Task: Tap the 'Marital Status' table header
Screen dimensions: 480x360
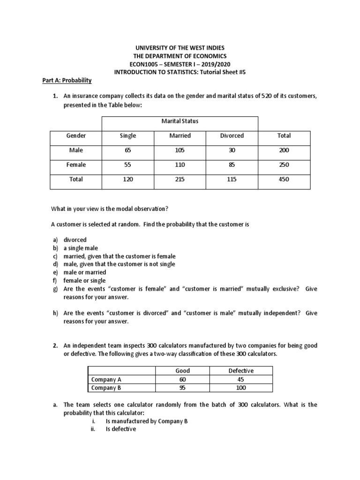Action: click(180, 121)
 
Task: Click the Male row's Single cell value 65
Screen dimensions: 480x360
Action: click(128, 150)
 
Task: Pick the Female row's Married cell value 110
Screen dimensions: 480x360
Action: click(180, 165)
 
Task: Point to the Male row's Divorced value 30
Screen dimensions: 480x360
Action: click(232, 150)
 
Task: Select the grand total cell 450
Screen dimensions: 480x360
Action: click(284, 179)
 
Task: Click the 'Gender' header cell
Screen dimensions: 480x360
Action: click(76, 135)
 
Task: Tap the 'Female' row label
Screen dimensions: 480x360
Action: click(76, 165)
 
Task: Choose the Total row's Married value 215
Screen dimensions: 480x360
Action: click(180, 179)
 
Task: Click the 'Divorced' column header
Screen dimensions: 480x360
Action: click(232, 135)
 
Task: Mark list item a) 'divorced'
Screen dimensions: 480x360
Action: click(75, 240)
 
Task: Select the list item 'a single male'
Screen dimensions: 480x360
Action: click(81, 248)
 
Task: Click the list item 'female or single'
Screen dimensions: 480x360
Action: click(85, 280)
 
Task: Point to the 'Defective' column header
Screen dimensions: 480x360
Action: click(241, 371)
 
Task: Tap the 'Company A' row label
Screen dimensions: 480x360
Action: click(106, 379)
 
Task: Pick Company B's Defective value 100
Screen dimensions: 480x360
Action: click(241, 388)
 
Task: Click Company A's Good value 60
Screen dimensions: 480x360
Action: click(183, 379)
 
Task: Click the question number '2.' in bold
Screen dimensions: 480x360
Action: click(55, 345)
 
